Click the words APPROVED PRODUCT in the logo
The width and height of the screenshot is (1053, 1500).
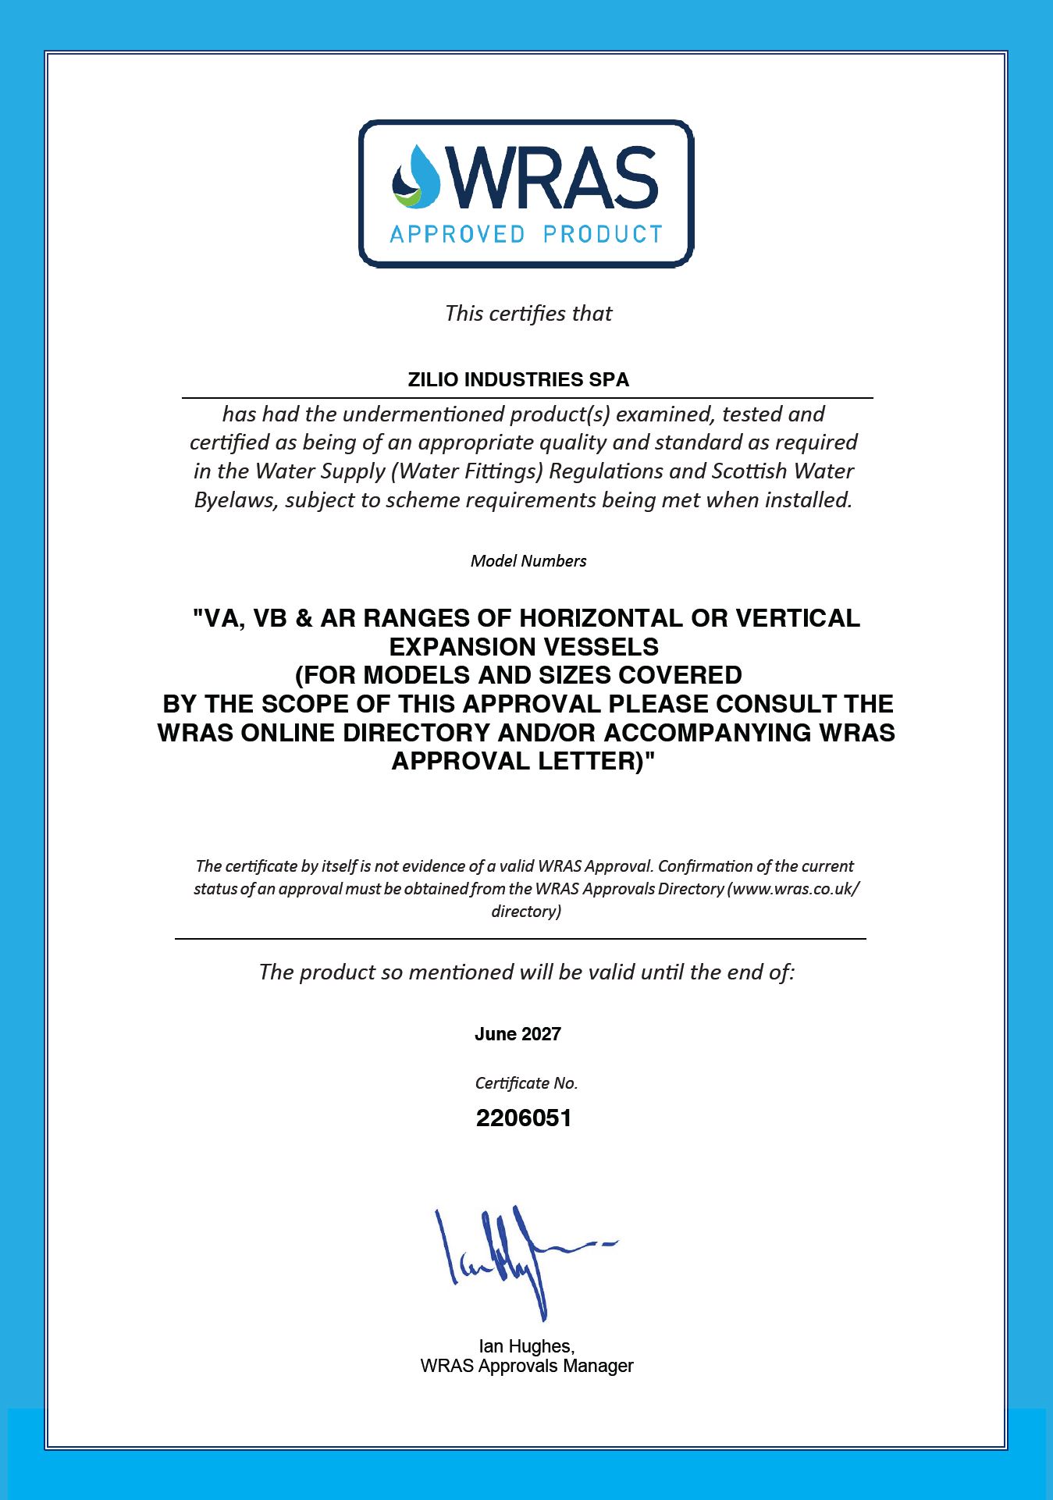click(x=525, y=234)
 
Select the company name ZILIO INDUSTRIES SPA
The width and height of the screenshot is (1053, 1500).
click(x=518, y=380)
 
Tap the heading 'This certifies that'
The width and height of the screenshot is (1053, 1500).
click(x=528, y=313)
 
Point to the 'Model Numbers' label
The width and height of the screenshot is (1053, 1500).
click(x=528, y=561)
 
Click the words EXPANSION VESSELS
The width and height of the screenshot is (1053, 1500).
click(x=524, y=647)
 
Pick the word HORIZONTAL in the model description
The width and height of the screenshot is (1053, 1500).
click(x=601, y=618)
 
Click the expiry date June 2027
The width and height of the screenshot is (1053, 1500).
click(x=518, y=1034)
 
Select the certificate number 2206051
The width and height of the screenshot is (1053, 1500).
click(x=524, y=1118)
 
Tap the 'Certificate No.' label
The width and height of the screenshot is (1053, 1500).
click(x=526, y=1083)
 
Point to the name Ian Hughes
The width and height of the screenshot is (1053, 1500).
click(x=526, y=1346)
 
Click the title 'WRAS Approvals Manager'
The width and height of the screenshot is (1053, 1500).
click(x=527, y=1366)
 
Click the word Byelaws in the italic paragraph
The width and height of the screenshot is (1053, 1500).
click(x=234, y=500)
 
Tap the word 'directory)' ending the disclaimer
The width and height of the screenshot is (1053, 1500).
click(x=526, y=912)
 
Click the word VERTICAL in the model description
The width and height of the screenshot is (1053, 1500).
click(x=798, y=618)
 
